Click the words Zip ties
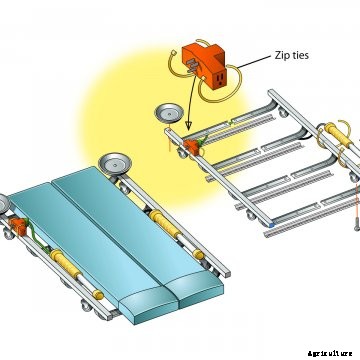click(292, 55)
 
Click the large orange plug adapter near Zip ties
click(204, 66)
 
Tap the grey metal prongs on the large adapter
click(192, 66)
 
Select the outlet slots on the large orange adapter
click(219, 79)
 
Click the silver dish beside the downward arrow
click(169, 112)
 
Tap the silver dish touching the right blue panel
click(115, 164)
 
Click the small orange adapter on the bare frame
click(192, 147)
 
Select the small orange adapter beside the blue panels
click(18, 226)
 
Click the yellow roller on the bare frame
click(338, 135)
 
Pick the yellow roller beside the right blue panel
click(165, 224)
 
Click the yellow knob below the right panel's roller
click(199, 254)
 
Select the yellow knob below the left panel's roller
click(98, 294)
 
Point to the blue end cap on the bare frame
click(272, 225)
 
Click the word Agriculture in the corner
click(330, 353)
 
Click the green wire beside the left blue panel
click(38, 237)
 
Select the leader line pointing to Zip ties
click(253, 62)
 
